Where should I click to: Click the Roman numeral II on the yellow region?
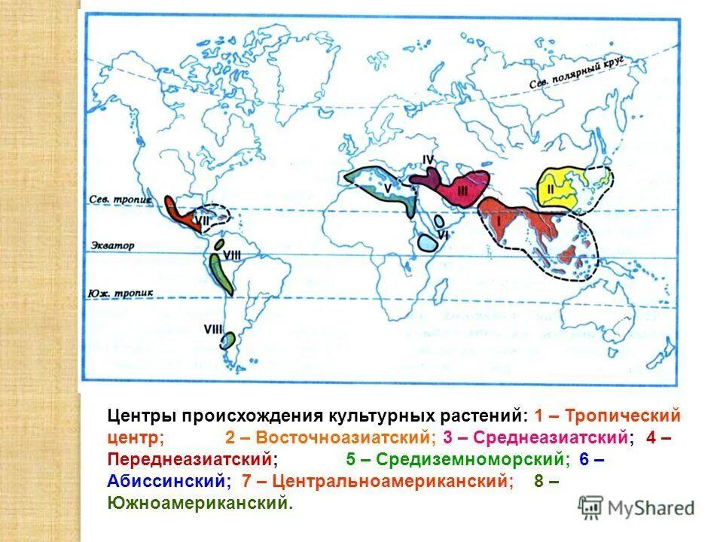[x=550, y=190]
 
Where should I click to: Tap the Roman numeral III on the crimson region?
[x=462, y=190]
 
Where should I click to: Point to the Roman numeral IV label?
[x=428, y=160]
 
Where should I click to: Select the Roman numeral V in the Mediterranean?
[x=386, y=187]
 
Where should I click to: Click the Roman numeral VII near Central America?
[x=202, y=220]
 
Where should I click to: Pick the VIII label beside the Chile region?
[x=213, y=329]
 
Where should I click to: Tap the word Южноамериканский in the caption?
[x=197, y=501]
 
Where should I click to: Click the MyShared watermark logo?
[x=636, y=507]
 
